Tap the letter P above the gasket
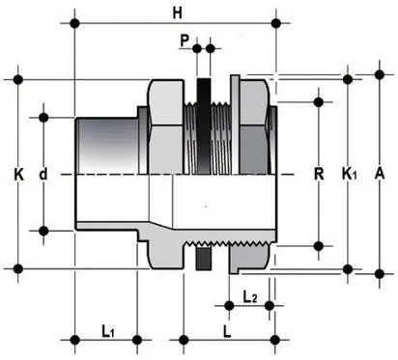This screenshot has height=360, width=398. (184, 40)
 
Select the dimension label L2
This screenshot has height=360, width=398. (249, 294)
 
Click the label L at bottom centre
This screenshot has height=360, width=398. (225, 331)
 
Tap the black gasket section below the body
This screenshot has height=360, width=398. (203, 259)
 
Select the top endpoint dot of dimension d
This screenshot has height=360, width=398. (43, 117)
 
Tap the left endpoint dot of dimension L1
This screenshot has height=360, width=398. (75, 339)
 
